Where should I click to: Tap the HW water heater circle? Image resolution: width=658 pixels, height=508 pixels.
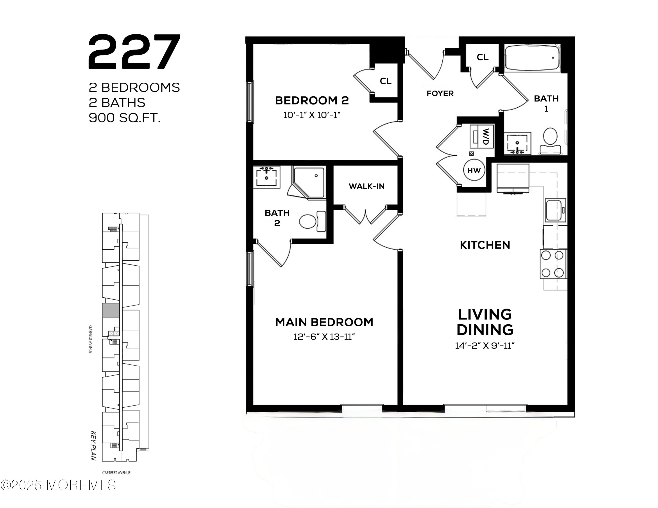[474, 170]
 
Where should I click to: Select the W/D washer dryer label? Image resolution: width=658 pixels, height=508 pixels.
[486, 137]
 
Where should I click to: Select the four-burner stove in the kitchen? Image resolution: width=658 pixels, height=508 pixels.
[553, 264]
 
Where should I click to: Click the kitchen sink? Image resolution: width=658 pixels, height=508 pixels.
[555, 210]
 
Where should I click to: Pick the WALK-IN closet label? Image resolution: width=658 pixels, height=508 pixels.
[367, 186]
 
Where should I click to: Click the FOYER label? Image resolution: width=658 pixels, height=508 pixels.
[440, 94]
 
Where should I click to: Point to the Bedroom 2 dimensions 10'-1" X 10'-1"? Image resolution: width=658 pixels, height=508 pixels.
[312, 115]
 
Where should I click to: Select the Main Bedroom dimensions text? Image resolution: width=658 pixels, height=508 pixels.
[324, 337]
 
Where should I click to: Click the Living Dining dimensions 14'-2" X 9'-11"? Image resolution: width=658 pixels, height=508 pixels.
[485, 346]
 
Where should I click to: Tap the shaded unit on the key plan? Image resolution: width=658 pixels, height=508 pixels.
[111, 311]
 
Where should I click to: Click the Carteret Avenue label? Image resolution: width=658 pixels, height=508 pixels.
[116, 472]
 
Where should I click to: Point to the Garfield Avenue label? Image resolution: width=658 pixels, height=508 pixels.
[90, 339]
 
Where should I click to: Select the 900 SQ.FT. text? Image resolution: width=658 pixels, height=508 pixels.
[124, 118]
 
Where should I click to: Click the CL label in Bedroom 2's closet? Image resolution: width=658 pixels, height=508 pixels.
[386, 81]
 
